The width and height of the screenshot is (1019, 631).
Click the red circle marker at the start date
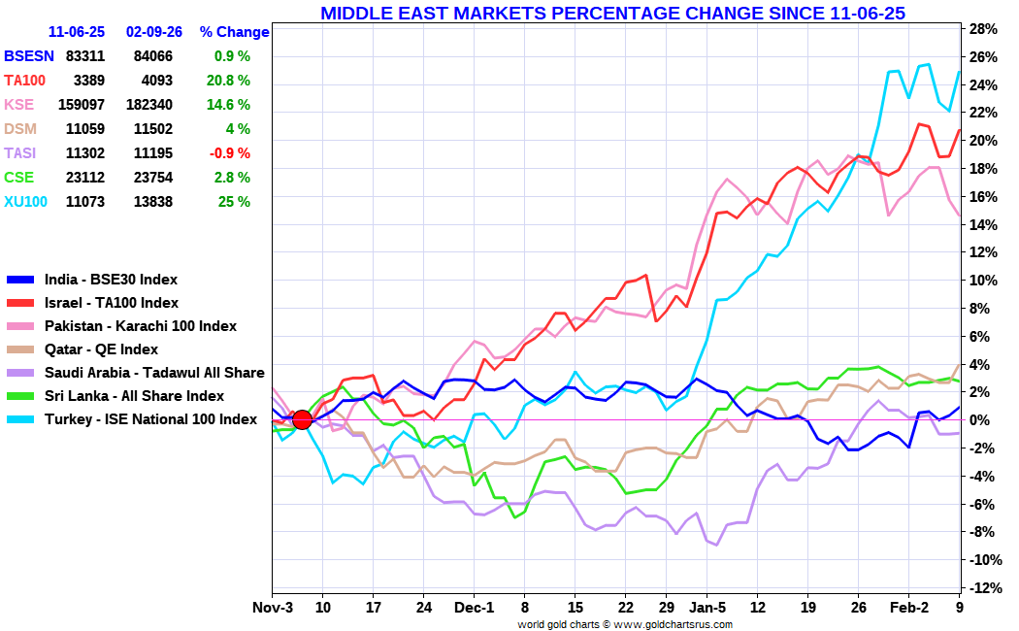coord(302,419)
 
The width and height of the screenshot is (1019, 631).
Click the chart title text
coord(612,13)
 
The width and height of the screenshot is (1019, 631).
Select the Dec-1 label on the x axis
coord(475,608)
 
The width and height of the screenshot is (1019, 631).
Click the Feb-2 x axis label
coord(909,608)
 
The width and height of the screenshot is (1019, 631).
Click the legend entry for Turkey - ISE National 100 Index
coord(150,419)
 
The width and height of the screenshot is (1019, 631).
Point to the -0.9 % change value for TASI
coord(230,153)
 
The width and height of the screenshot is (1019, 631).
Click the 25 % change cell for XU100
coord(235,202)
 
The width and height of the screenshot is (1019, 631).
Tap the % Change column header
coord(234,32)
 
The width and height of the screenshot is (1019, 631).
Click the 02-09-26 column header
coord(155,32)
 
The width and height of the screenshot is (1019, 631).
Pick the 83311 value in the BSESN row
coord(85,56)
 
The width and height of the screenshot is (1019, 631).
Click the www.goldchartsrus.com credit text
coord(674,624)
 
